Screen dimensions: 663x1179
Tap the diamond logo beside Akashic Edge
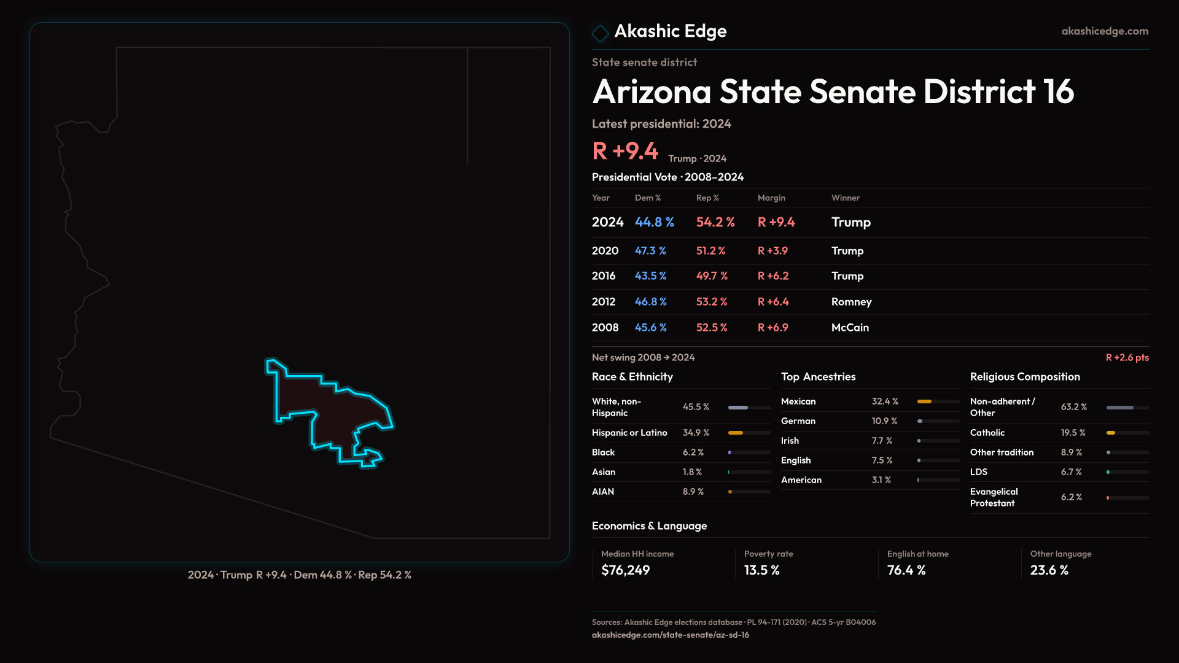(600, 33)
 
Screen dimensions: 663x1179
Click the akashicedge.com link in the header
(1105, 31)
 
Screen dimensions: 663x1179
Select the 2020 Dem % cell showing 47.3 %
(650, 251)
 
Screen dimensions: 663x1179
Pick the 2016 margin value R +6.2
(773, 276)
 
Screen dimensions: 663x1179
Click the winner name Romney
(851, 302)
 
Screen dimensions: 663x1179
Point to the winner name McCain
(850, 328)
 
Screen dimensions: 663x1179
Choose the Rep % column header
(707, 198)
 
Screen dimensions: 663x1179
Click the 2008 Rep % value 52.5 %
(712, 328)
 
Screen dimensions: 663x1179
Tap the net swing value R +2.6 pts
(1127, 357)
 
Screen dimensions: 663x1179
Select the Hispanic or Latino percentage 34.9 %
(696, 433)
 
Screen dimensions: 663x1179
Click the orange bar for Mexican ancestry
(924, 401)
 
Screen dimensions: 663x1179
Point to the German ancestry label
(798, 421)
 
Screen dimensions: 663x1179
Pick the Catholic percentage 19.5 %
(1073, 433)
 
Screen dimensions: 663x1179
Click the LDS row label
(979, 472)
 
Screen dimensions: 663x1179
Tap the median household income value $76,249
(625, 570)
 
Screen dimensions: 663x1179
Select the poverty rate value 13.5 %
(761, 570)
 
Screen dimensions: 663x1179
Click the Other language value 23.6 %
(1049, 570)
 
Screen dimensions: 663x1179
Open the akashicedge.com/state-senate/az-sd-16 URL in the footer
(670, 635)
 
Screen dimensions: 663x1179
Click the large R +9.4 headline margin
(625, 151)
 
